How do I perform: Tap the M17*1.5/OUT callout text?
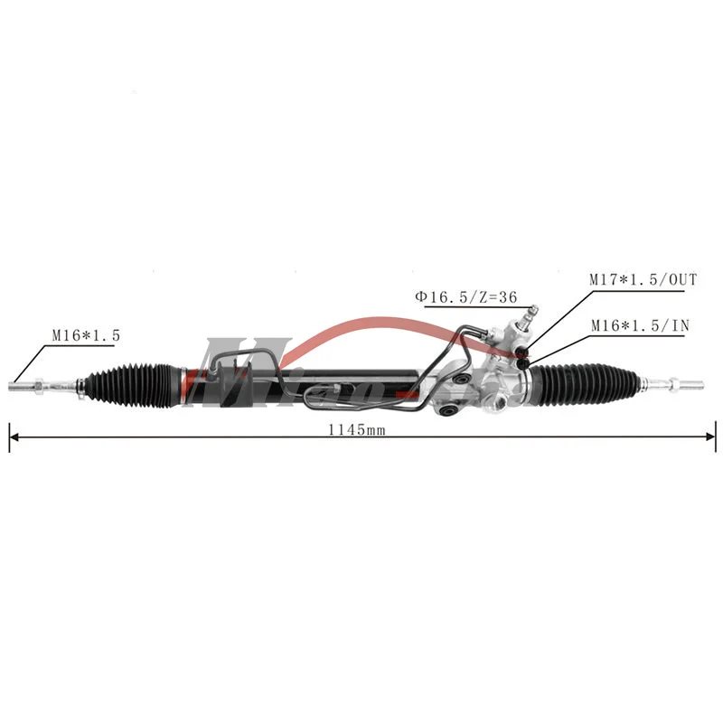point(643,280)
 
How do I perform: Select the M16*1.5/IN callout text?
point(639,325)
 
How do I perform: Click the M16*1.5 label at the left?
point(85,334)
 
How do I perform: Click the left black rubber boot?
point(131,386)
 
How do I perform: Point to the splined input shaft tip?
point(532,310)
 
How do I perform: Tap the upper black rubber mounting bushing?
point(462,380)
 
